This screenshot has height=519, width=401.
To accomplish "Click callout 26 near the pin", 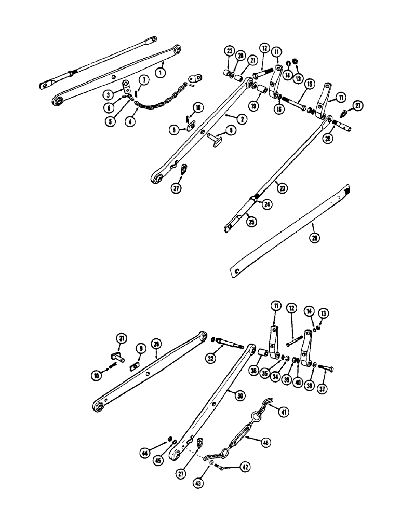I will [x=328, y=139].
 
